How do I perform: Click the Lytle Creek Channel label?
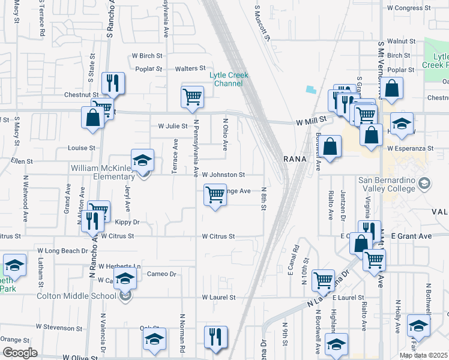(226, 79)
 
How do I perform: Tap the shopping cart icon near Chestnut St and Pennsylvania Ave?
(192, 97)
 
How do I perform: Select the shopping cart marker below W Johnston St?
(215, 195)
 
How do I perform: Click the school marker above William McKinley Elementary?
(143, 160)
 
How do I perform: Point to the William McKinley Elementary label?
(103, 172)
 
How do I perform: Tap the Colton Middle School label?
(76, 296)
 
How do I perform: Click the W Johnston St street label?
(223, 175)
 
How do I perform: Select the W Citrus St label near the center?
(218, 237)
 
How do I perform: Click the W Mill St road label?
(310, 121)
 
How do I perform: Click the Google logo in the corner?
(20, 353)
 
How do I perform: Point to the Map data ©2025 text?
(423, 355)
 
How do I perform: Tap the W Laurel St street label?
(217, 297)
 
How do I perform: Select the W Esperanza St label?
(411, 148)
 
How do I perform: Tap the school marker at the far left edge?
(14, 265)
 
